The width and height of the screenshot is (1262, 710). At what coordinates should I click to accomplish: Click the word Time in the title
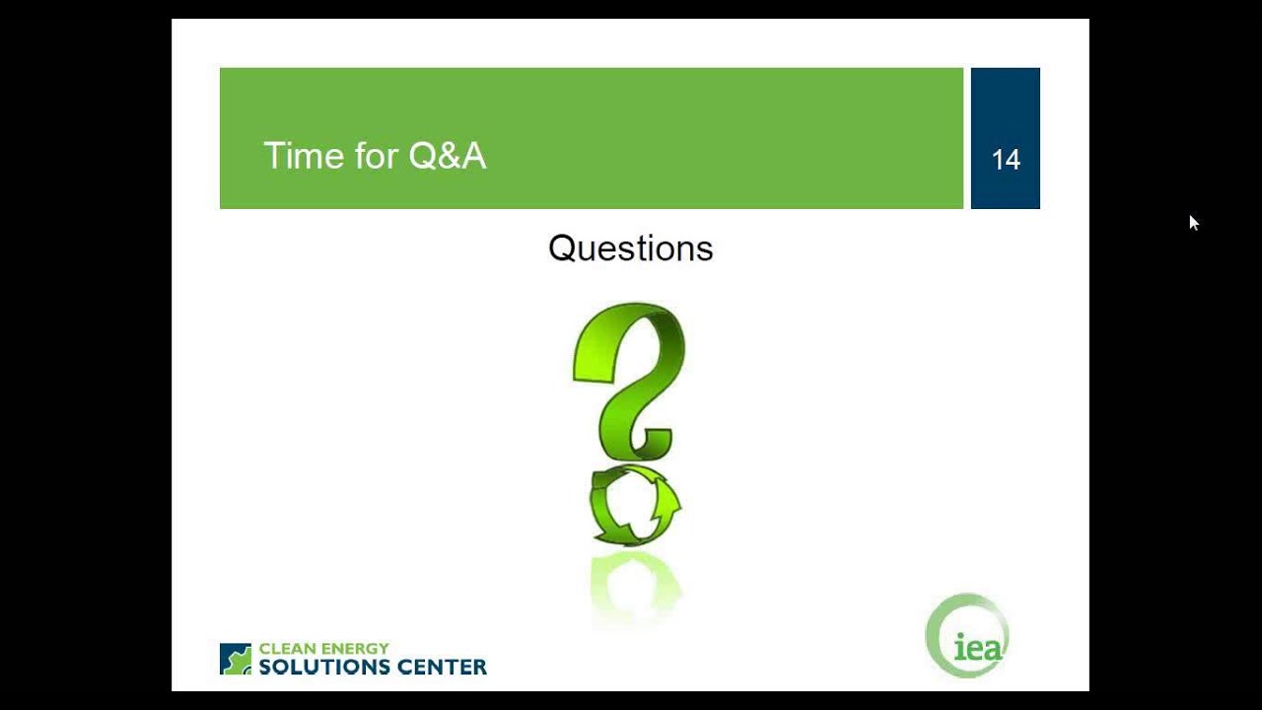tap(297, 156)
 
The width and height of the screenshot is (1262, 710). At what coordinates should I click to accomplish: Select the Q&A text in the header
tap(447, 156)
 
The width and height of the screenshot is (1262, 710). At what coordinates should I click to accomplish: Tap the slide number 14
tap(1006, 160)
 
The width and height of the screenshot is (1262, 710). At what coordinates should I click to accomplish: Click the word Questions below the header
tap(630, 248)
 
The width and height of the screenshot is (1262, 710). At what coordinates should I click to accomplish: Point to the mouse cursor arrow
tap(1192, 222)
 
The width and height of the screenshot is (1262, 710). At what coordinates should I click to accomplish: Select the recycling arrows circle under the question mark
tap(634, 505)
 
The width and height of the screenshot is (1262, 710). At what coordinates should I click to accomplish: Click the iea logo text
tap(977, 648)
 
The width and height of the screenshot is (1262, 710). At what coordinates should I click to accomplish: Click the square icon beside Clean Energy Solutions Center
tap(236, 659)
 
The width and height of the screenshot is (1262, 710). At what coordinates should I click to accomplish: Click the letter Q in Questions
tap(561, 248)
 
